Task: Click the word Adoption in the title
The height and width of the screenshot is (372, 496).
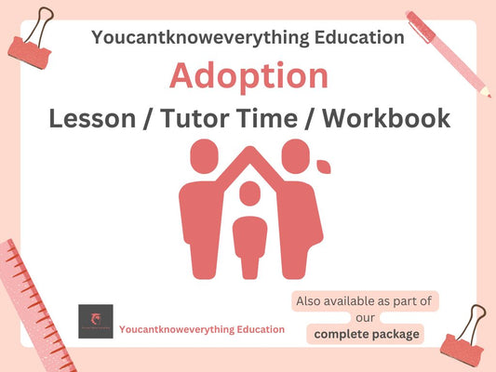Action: click(x=248, y=76)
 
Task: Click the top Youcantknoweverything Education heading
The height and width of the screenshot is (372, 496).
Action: click(x=248, y=37)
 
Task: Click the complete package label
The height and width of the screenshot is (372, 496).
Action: click(x=366, y=333)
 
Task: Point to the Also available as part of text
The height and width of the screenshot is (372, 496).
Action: click(x=364, y=301)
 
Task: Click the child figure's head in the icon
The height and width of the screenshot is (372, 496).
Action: click(x=248, y=193)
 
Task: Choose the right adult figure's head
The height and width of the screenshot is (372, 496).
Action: click(x=294, y=153)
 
